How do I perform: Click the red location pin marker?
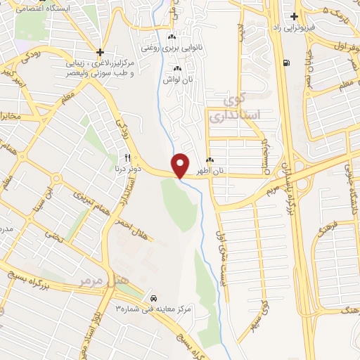(181, 165)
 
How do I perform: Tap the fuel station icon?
(285, 62)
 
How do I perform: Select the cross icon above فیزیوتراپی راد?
(295, 16)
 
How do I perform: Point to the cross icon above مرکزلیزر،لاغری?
(101, 52)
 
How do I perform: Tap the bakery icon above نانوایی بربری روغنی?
(172, 37)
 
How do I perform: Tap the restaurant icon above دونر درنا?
(127, 157)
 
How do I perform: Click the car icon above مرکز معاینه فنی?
(154, 298)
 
